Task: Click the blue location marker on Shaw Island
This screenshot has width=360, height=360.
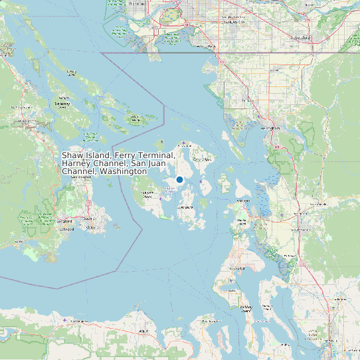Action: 179,179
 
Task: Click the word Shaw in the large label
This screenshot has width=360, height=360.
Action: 72,155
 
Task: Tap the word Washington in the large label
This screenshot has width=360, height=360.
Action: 123,171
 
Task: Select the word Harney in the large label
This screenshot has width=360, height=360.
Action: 76,163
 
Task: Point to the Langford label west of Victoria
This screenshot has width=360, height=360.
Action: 64,221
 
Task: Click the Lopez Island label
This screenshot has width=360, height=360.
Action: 186,207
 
